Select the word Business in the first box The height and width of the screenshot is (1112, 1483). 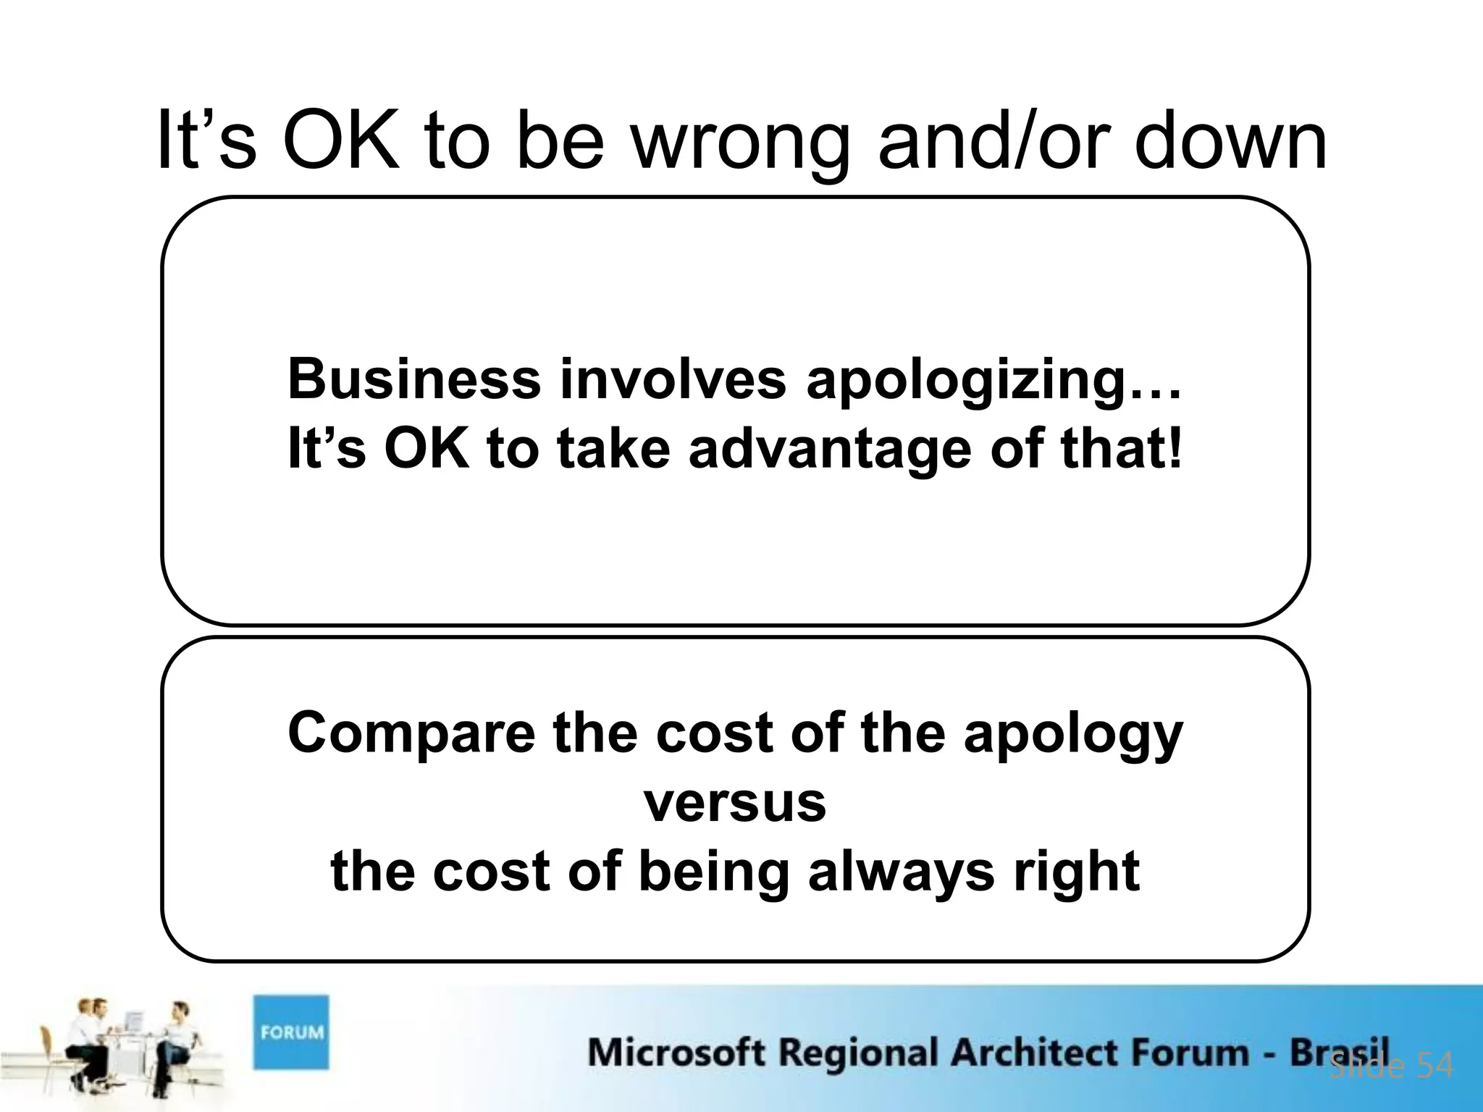(x=414, y=379)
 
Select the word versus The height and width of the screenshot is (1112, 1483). (x=735, y=804)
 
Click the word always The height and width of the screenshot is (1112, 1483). (x=901, y=872)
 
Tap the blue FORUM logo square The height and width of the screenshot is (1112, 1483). (x=291, y=1032)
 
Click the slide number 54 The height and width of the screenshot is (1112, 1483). (x=1434, y=1066)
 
